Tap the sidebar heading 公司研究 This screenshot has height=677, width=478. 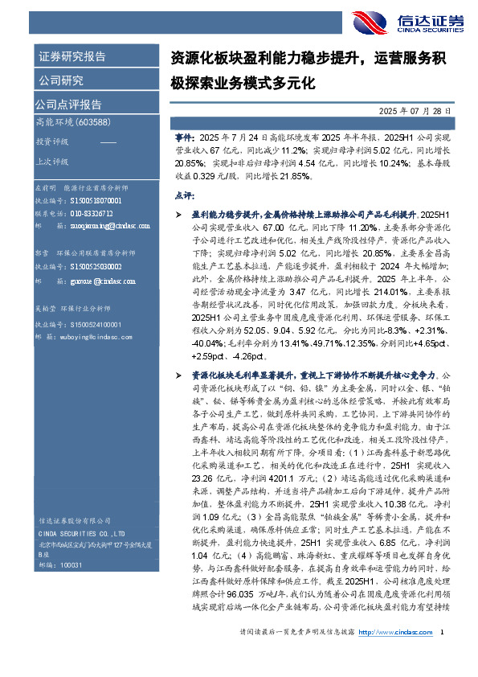[60, 80]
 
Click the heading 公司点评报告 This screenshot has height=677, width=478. [67, 104]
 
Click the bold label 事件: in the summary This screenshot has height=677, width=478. [184, 138]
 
